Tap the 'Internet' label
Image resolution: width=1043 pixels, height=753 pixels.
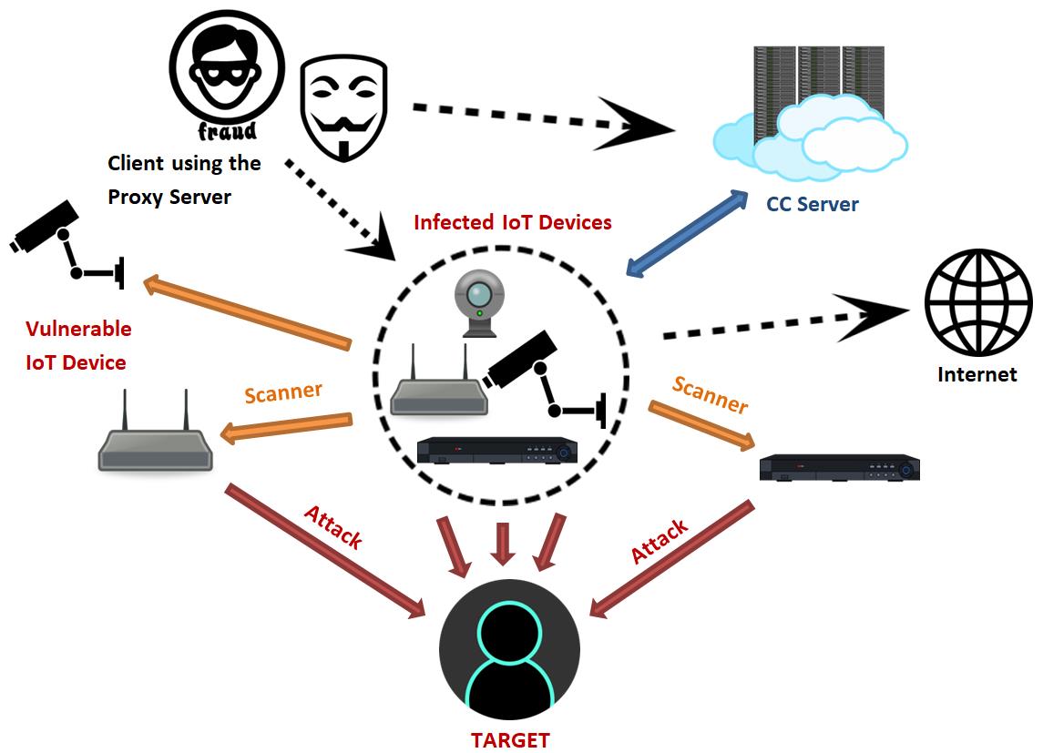pyautogui.click(x=977, y=374)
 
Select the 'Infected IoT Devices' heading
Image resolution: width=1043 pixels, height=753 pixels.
pyautogui.click(x=512, y=222)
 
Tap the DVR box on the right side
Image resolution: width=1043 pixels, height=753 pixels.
pyautogui.click(x=839, y=466)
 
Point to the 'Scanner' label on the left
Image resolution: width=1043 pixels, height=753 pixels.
pyautogui.click(x=282, y=393)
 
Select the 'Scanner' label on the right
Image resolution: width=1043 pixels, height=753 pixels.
pyautogui.click(x=710, y=393)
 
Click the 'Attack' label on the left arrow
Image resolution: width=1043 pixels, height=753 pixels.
pyautogui.click(x=332, y=527)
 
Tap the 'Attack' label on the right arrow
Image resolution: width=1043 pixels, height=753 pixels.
pyautogui.click(x=660, y=542)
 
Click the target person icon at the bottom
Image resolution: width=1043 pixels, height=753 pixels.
pyautogui.click(x=509, y=646)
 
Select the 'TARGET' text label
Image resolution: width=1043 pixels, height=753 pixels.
pyautogui.click(x=510, y=739)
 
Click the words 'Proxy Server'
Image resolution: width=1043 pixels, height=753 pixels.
pyautogui.click(x=169, y=197)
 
